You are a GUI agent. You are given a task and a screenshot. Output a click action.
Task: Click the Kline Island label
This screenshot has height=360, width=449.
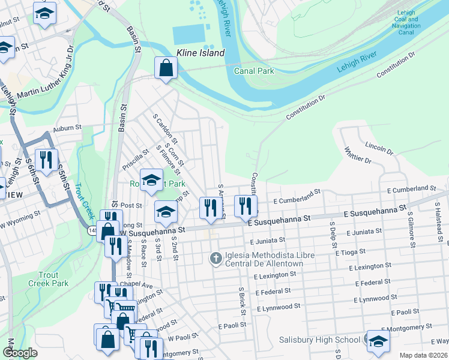(200, 53)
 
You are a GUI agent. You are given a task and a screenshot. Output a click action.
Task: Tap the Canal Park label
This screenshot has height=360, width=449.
(253, 71)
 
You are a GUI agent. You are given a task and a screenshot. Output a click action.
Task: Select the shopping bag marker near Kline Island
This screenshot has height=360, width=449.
(166, 68)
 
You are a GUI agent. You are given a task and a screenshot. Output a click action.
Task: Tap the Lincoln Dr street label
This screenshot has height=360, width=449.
(379, 146)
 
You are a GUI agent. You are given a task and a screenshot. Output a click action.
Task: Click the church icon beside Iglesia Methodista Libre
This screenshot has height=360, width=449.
(215, 259)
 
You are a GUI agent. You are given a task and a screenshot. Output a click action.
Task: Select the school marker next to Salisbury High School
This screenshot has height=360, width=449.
(378, 341)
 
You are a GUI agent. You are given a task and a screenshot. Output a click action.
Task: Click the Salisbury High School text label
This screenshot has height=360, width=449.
(319, 340)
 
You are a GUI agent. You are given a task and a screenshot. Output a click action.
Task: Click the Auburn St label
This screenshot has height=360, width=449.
(66, 128)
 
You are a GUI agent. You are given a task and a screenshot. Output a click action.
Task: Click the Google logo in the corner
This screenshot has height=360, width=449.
(19, 353)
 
